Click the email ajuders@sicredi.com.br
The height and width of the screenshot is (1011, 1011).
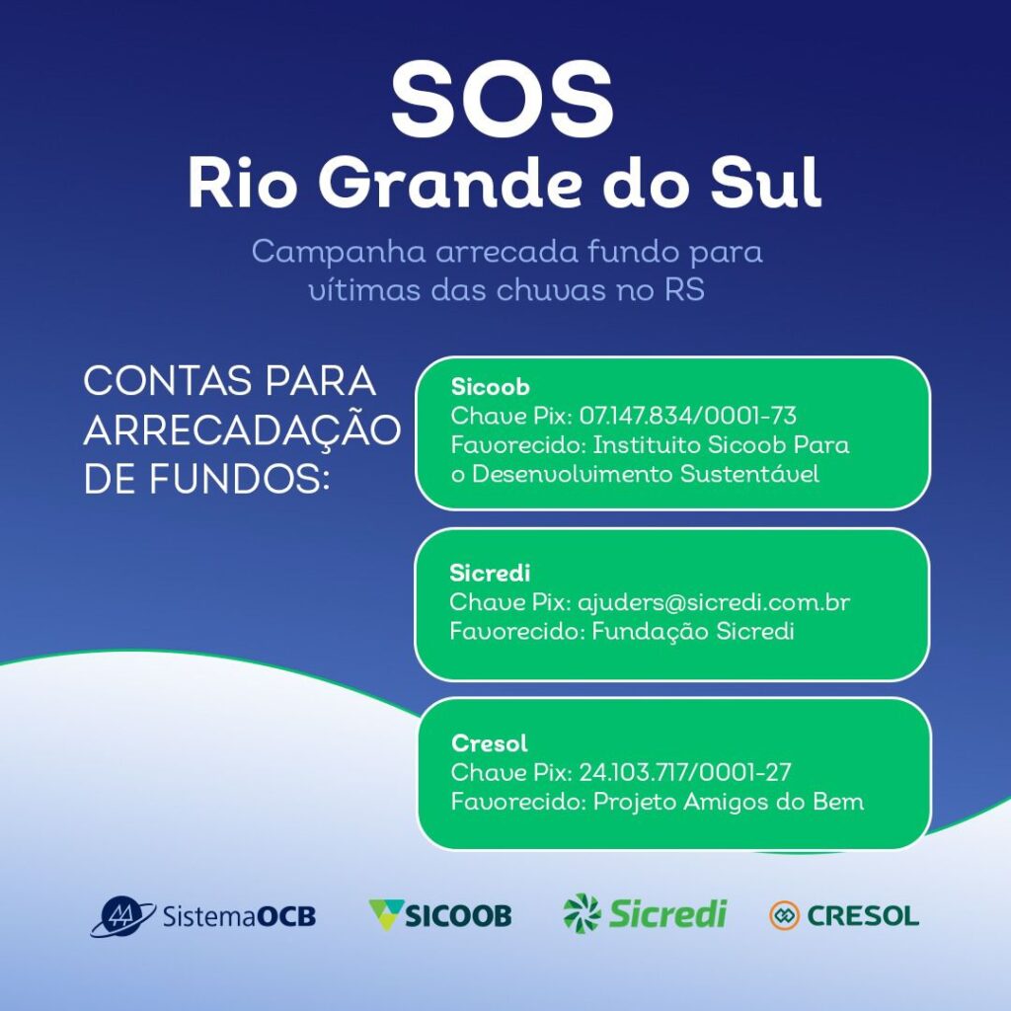tap(714, 601)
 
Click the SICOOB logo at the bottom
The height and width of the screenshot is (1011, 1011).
tap(440, 914)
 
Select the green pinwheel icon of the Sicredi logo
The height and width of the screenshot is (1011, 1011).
tap(582, 912)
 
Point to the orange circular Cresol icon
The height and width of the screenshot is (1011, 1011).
tap(784, 915)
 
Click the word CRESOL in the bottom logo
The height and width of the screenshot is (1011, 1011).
tap(863, 915)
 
